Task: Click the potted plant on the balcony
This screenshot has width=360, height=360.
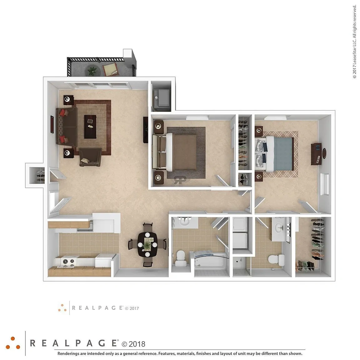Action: click(x=92, y=71)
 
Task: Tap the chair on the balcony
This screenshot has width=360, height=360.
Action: click(x=111, y=69)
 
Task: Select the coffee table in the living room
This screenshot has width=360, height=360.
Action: click(x=90, y=127)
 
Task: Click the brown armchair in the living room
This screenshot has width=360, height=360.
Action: click(x=90, y=157)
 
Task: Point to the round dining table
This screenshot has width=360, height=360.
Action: click(x=147, y=244)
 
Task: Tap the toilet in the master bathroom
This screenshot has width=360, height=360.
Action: click(x=276, y=260)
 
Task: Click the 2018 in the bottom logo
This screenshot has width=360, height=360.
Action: click(x=137, y=344)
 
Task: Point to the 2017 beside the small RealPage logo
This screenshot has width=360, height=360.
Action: click(x=134, y=308)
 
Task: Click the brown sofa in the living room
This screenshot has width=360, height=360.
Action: click(x=67, y=127)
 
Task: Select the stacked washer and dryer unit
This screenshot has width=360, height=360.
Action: click(x=240, y=233)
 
